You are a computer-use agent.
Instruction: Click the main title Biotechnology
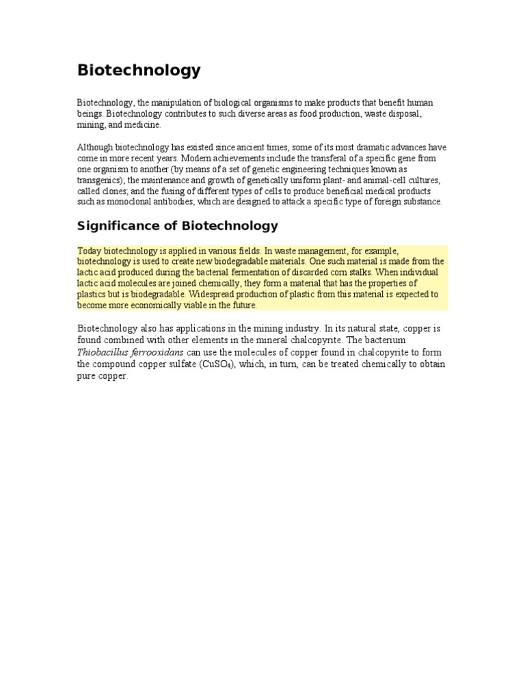point(139,70)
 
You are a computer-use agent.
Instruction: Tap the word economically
point(148,305)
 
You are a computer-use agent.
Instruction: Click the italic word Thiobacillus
point(105,352)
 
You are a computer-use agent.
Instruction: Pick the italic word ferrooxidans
point(159,352)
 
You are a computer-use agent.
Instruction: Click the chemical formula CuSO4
point(218,364)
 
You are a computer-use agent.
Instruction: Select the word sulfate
point(177,364)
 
